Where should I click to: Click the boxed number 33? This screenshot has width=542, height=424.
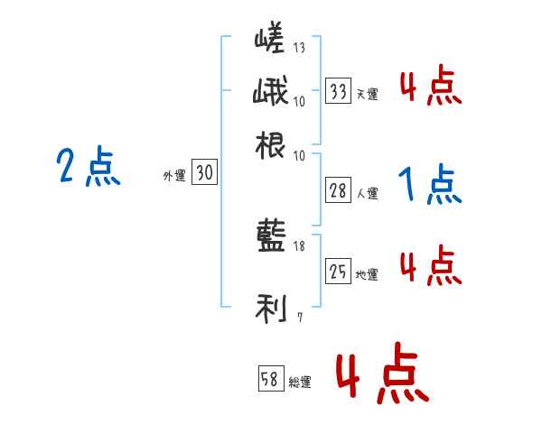point(339,90)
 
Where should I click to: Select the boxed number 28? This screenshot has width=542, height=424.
point(339,190)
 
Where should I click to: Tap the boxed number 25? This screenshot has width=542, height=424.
point(339,272)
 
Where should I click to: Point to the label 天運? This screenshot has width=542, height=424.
point(367,94)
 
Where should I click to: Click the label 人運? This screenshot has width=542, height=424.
point(367,193)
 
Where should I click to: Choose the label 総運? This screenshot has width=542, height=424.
point(300,382)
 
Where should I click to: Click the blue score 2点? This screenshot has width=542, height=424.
point(88,167)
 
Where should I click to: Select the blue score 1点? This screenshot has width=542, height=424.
point(429,185)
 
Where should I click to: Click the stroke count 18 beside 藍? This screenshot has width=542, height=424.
point(299,246)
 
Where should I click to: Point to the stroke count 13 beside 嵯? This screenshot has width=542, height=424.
point(299,48)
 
